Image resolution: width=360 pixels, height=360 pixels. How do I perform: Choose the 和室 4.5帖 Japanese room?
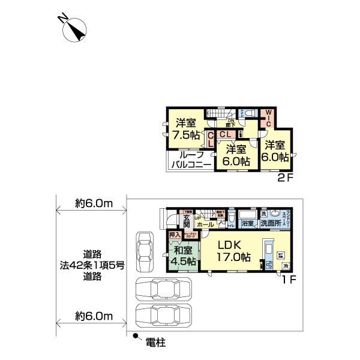click(182, 256)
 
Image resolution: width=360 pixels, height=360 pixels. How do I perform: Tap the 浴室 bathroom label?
click(247, 224)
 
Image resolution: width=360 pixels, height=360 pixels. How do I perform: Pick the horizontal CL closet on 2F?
click(227, 134)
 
